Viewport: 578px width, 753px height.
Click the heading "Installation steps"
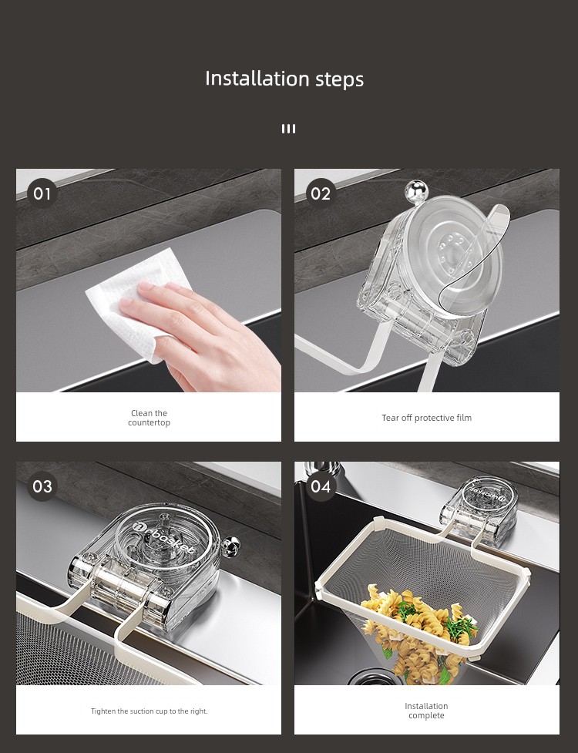click(284, 79)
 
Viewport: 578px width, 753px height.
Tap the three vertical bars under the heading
click(288, 129)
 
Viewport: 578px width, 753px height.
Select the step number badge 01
click(42, 193)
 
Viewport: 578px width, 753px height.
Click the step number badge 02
click(321, 193)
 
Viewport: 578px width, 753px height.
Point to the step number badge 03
click(42, 486)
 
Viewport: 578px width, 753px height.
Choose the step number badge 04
click(321, 486)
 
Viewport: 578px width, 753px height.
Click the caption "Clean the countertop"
click(149, 418)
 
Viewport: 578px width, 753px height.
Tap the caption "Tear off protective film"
click(427, 418)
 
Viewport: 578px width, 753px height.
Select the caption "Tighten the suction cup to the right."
click(150, 711)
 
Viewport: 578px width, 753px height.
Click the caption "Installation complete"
click(426, 711)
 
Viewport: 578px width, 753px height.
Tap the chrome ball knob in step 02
click(416, 191)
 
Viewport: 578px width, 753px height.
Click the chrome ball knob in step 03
click(231, 545)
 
